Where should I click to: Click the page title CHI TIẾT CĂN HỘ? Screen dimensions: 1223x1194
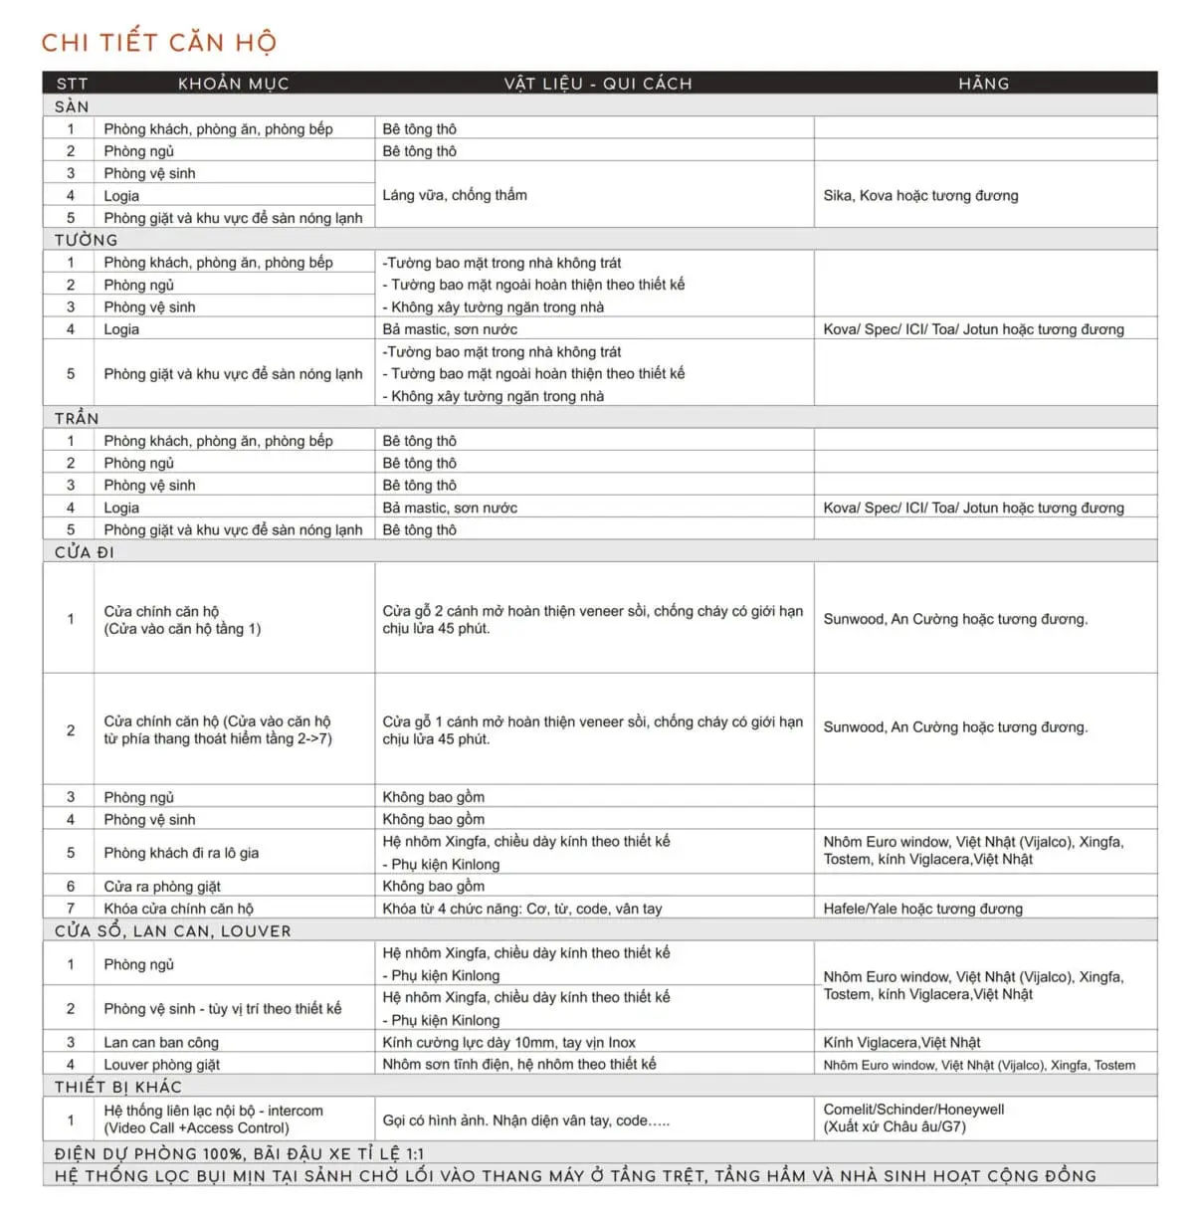pos(159,42)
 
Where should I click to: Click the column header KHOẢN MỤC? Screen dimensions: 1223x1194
pos(233,84)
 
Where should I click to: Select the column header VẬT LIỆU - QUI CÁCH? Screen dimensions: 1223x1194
pos(597,84)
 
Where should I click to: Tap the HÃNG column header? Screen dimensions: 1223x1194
pos(983,84)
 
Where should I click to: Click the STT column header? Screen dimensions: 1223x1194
pos(72,84)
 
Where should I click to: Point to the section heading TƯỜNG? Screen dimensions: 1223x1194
pos(86,240)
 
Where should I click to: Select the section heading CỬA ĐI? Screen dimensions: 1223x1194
pos(85,552)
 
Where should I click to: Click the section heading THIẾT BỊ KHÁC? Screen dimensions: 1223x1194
pos(118,1087)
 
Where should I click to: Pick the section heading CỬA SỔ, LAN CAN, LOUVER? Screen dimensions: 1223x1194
pos(173,931)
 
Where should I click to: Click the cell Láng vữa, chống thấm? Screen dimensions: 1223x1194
pos(455,195)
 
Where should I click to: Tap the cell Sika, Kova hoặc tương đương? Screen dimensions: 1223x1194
pos(920,195)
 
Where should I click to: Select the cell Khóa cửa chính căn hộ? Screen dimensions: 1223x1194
pos(179,909)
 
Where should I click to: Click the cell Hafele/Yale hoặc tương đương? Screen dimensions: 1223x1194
pos(922,909)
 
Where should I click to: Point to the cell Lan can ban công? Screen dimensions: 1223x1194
pos(161,1043)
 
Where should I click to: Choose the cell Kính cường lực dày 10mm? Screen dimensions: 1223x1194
pos(508,1043)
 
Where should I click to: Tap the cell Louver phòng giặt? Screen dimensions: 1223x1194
pos(162,1065)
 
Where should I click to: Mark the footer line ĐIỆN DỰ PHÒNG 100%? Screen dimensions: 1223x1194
pos(239,1154)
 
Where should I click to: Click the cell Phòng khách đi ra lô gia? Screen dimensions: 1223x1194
pos(181,853)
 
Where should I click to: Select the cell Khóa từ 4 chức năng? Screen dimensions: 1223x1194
pos(521,909)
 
